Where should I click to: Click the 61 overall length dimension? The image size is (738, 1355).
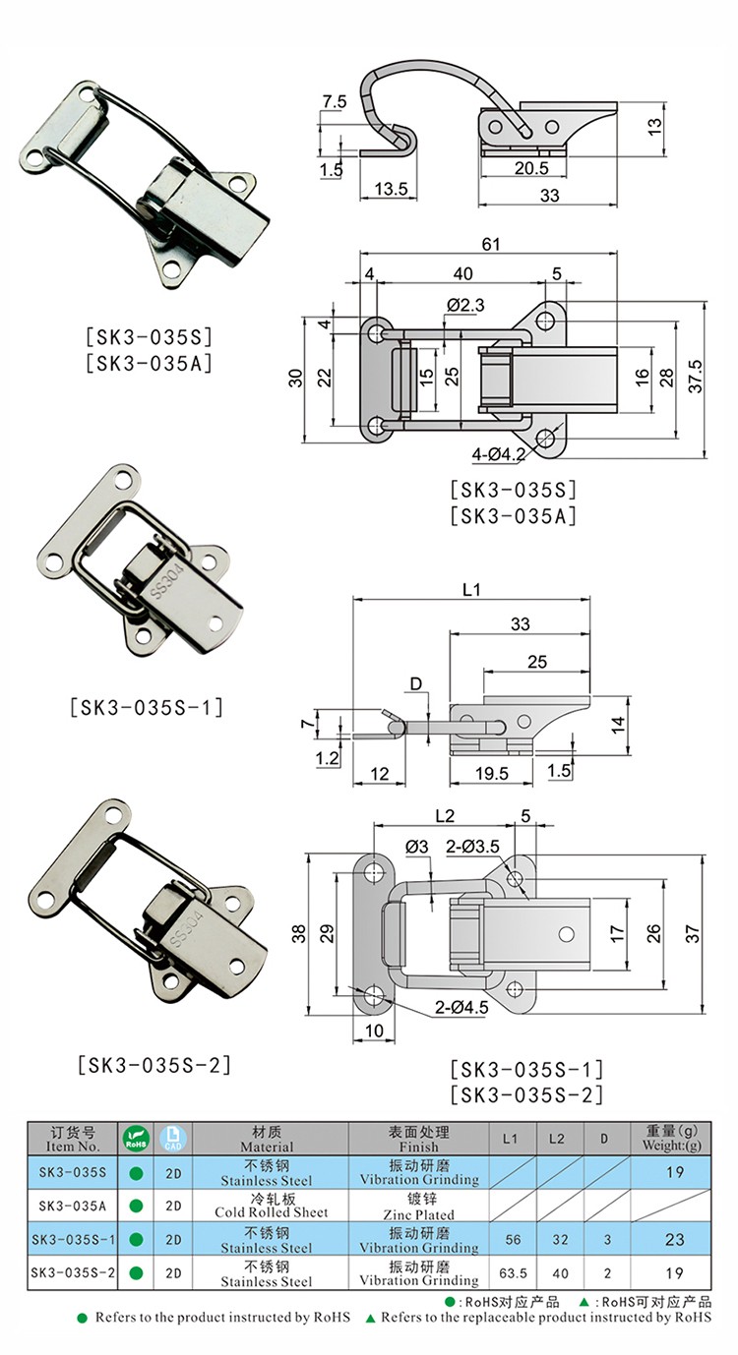pos(491,244)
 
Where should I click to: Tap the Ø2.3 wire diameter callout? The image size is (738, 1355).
pos(466,305)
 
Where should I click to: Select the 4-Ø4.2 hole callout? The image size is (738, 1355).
pos(498,453)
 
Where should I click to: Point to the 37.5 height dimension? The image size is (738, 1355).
pos(696,377)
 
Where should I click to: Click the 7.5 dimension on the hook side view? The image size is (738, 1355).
pos(335,101)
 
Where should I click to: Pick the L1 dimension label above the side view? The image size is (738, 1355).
pos(471,589)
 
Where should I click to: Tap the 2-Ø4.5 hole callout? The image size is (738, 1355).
pos(461,1007)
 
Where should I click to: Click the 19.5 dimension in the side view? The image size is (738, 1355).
pos(492,773)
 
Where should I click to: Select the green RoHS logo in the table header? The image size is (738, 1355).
pos(136,1138)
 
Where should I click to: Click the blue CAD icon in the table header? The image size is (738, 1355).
pos(173,1138)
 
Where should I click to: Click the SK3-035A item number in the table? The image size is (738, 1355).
pos(73,1206)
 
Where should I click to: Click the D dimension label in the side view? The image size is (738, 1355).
pos(416,683)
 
